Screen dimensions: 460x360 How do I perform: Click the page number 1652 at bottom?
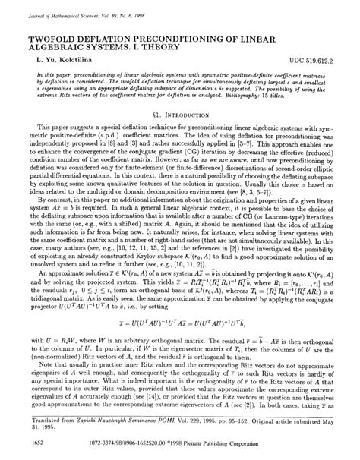[x=34, y=440]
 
